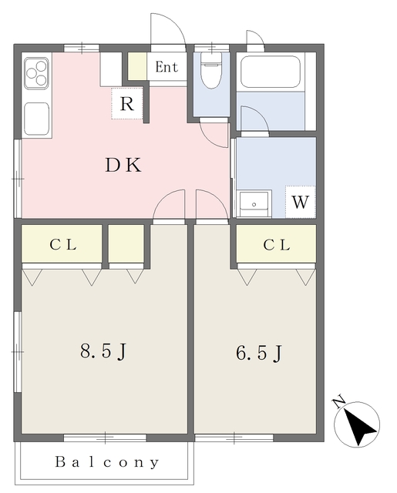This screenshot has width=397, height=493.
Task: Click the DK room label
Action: coord(123,165)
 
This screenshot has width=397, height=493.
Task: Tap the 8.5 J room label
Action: coord(103,352)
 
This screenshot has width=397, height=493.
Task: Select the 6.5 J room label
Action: coord(258,354)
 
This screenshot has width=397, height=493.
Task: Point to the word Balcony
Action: coord(107,463)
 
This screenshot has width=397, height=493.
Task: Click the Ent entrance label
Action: coord(167,67)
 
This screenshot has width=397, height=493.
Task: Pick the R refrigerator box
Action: coord(128,105)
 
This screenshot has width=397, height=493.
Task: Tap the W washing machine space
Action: coord(301,203)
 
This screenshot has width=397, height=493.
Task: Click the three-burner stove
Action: coord(36,73)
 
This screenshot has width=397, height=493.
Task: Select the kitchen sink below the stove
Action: coord(36,119)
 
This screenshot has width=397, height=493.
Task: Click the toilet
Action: coord(210,73)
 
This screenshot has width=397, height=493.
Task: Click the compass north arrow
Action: coord(358,424)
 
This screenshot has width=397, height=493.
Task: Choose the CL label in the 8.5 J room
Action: coord(63,245)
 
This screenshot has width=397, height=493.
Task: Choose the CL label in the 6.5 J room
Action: coord(276,245)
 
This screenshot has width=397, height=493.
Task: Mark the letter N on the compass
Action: coord(338,402)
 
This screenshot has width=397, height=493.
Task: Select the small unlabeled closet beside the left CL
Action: coord(126,244)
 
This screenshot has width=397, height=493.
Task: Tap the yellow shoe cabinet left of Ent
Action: coord(137,65)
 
